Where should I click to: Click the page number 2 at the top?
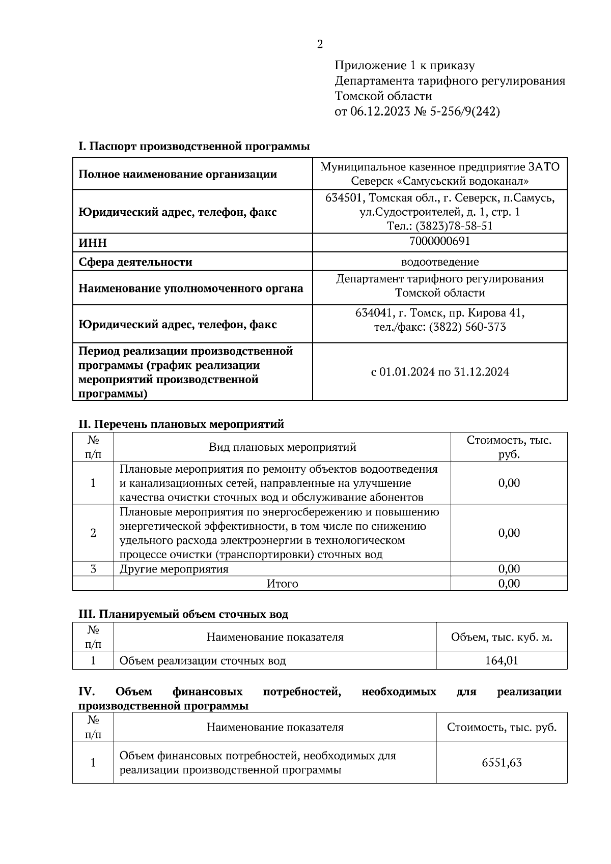click(320, 45)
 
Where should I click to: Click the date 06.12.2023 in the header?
click(380, 111)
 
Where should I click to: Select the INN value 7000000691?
click(439, 241)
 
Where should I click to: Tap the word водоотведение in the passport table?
click(439, 262)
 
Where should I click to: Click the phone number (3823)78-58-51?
click(454, 226)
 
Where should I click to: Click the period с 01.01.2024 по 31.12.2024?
click(439, 372)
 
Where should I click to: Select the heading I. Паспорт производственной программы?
click(194, 147)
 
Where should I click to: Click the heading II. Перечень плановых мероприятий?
click(181, 424)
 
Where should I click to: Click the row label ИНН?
click(93, 243)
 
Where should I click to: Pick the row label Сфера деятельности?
click(135, 263)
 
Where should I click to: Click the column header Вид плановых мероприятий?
click(282, 447)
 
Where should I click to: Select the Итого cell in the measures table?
click(282, 584)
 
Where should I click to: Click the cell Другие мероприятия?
click(174, 569)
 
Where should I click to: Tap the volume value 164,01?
click(501, 661)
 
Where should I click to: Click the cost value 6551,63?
click(501, 763)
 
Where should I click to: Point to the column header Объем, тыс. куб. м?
click(501, 637)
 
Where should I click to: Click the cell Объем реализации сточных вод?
click(202, 661)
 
